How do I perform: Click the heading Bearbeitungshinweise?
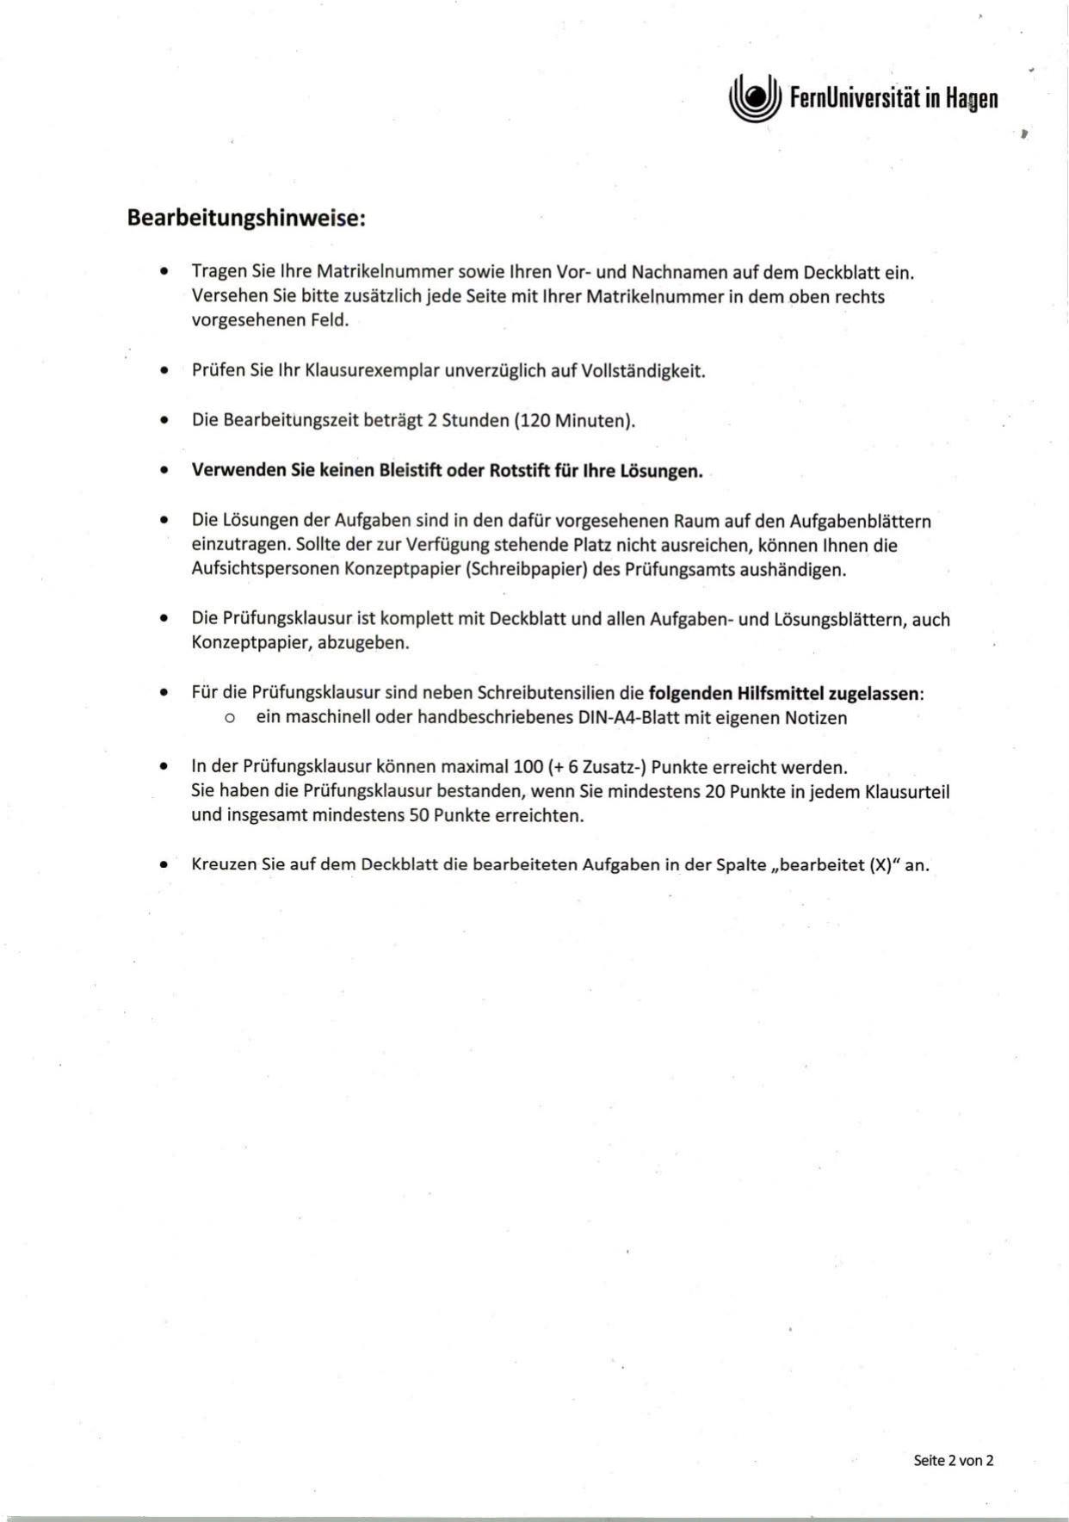pyautogui.click(x=246, y=218)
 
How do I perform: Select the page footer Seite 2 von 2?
pyautogui.click(x=953, y=1460)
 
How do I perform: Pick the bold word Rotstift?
pyautogui.click(x=522, y=471)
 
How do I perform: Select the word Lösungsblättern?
pyautogui.click(x=841, y=619)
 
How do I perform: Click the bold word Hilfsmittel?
pyautogui.click(x=781, y=693)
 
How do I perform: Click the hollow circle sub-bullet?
pyautogui.click(x=229, y=718)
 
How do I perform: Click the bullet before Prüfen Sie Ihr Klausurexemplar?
pyautogui.click(x=164, y=372)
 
